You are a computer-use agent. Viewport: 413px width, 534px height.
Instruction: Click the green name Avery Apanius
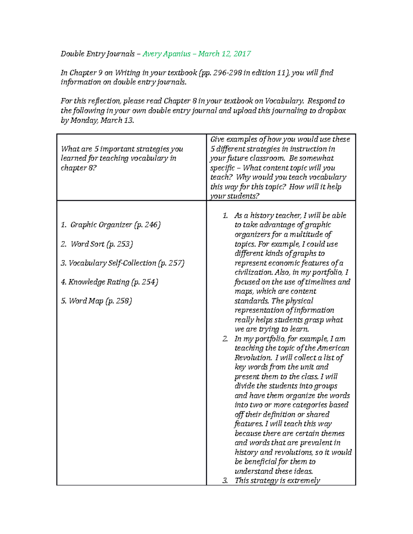click(167, 54)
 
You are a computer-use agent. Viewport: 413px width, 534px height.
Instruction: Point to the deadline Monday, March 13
click(102, 120)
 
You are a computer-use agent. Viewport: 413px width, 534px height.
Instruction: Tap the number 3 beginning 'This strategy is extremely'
click(225, 481)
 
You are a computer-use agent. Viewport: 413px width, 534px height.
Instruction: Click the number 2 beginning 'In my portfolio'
click(225, 339)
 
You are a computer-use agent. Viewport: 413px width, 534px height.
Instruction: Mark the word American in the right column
click(333, 348)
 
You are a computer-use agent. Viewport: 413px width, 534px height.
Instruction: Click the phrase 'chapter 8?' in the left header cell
click(78, 168)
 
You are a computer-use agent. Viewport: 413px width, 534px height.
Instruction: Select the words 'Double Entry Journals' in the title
click(98, 54)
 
